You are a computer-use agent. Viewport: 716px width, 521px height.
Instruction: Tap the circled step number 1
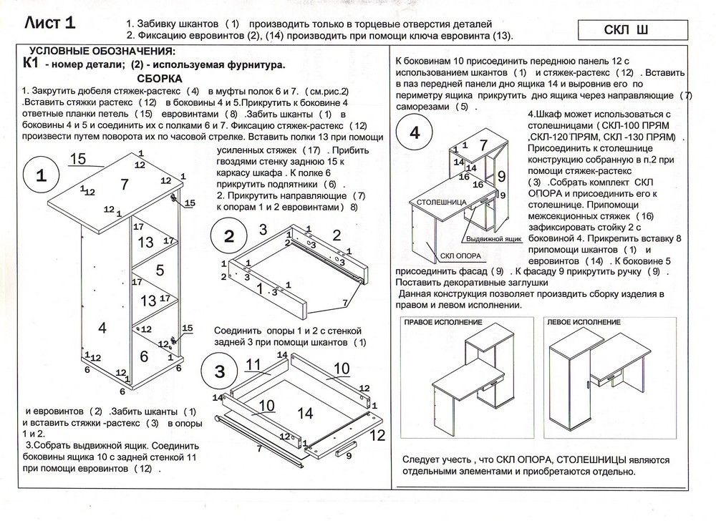point(41,176)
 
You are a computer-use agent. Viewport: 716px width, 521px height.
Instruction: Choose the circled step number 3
point(220,370)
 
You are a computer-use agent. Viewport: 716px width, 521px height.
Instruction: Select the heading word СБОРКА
point(159,78)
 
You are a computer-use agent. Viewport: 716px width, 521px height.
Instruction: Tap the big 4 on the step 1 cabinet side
point(102,328)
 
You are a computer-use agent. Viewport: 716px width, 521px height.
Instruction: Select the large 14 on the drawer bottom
point(305,413)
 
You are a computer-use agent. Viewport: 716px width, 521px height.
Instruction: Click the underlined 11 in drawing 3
point(252,366)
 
